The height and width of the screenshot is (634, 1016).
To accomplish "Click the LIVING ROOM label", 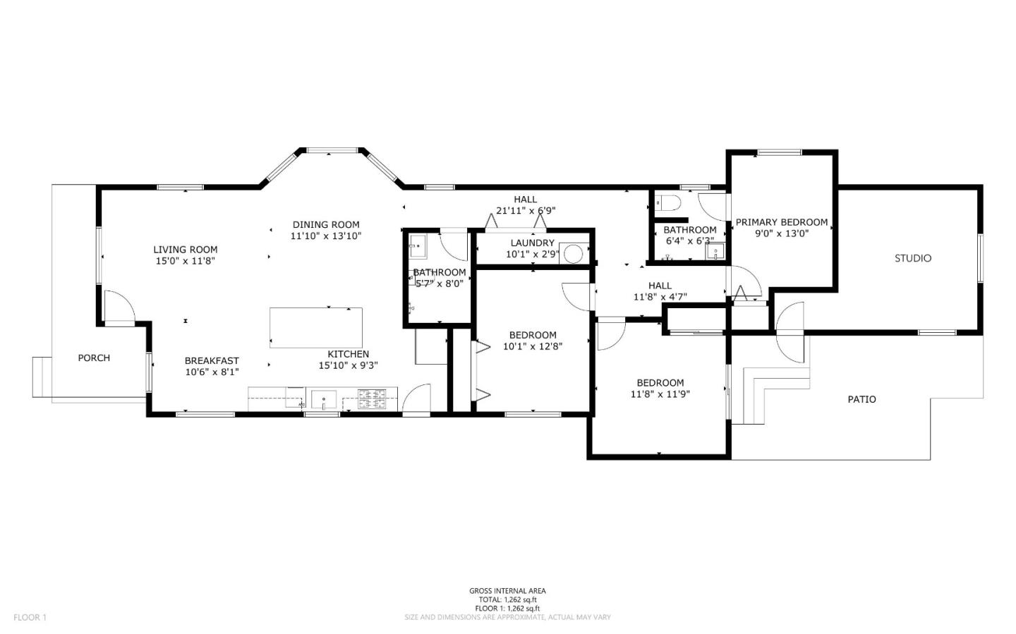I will [186, 249].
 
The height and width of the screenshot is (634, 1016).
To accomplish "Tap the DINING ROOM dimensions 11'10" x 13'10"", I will [326, 236].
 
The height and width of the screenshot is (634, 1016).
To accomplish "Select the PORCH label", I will [94, 358].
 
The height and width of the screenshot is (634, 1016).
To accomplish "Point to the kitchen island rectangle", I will [316, 328].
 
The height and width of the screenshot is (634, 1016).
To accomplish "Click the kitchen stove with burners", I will [372, 399].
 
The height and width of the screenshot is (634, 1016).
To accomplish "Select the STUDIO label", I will [913, 258].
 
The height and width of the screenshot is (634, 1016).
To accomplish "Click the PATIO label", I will [861, 399].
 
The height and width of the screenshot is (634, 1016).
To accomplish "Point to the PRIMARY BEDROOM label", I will [782, 222].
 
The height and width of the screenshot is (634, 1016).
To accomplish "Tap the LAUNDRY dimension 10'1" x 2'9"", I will [533, 254].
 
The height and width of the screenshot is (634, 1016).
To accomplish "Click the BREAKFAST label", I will [212, 360].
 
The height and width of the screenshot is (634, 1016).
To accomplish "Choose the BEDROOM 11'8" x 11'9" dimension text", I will [660, 394].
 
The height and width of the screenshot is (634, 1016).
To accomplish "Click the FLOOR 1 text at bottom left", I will [30, 617].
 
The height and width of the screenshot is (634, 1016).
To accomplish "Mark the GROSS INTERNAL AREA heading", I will [507, 591].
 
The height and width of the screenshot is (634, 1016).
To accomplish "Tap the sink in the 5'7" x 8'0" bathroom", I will [418, 247].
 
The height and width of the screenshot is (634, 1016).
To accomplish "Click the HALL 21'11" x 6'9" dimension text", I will [526, 210].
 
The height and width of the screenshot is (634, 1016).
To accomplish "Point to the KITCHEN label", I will [348, 354].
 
